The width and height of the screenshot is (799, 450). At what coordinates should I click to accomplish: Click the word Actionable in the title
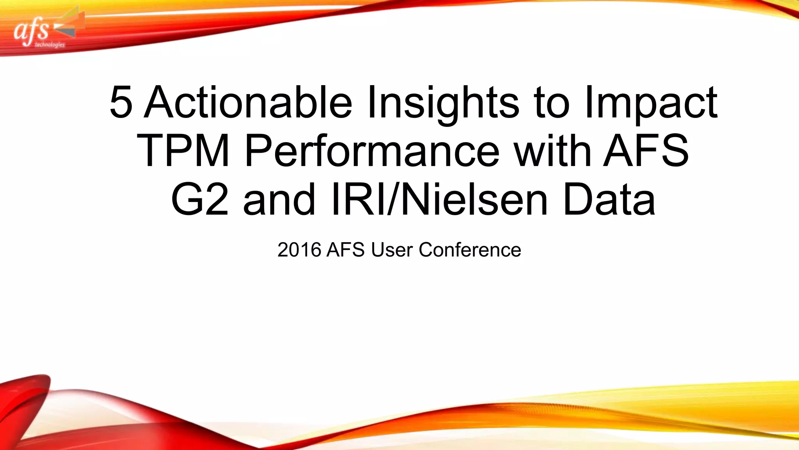tap(248, 102)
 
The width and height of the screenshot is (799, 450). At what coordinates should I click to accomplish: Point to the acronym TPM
tap(183, 151)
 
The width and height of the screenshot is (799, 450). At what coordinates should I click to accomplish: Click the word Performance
tap(372, 151)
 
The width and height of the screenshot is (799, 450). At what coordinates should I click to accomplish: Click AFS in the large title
tap(646, 151)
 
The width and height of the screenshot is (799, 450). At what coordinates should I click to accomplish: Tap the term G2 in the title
tap(200, 200)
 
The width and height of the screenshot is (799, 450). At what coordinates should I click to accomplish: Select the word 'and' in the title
tap(279, 200)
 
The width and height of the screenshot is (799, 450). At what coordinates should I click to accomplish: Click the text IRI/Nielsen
tap(439, 200)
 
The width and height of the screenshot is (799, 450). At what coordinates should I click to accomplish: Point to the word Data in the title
tap(609, 200)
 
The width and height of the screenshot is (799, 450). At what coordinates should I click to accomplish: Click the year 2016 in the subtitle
tap(299, 250)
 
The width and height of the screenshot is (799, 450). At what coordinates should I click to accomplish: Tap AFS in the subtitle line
tap(345, 250)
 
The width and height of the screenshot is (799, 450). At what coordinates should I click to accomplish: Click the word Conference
tap(470, 250)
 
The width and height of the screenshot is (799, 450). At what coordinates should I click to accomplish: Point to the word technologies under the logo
tap(50, 45)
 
